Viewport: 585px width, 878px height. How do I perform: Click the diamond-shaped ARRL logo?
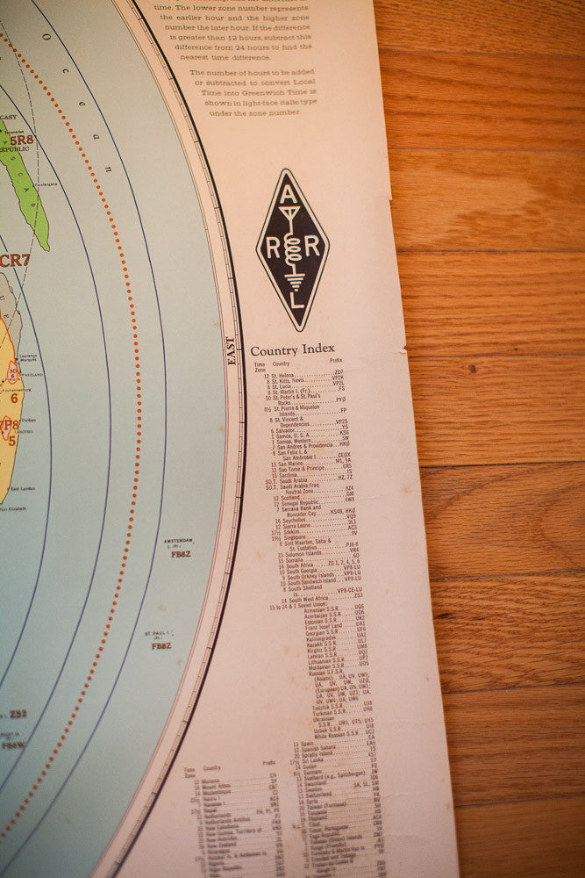coord(292,249)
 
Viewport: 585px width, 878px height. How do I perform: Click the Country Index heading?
coord(292,349)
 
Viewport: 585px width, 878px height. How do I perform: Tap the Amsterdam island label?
coord(181,542)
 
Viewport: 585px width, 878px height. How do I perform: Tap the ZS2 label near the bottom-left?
coord(17,714)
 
